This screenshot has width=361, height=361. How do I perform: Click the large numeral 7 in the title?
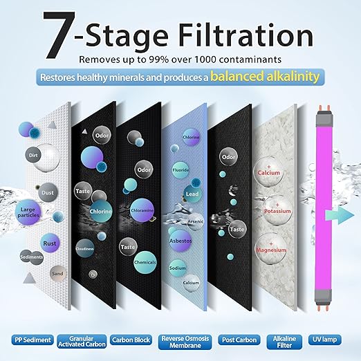tap(59, 35)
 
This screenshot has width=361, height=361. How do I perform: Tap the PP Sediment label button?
tap(33, 340)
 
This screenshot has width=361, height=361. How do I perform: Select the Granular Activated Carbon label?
tap(82, 342)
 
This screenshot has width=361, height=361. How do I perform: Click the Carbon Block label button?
tap(131, 340)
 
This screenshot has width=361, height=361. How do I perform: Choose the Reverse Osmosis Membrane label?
tap(185, 342)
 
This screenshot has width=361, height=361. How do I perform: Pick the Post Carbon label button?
tap(239, 340)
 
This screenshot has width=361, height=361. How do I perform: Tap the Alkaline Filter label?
tap(284, 342)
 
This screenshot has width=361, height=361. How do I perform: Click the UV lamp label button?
tap(324, 340)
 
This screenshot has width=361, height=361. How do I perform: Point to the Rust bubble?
tap(50, 243)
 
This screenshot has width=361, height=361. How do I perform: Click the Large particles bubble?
tap(28, 212)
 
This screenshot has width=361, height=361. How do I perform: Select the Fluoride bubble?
tap(180, 170)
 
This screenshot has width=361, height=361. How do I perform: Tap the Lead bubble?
tap(192, 194)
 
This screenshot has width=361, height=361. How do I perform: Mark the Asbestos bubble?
tap(180, 241)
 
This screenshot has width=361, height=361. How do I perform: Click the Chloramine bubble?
tap(142, 210)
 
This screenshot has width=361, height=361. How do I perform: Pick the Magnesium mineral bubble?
tap(271, 250)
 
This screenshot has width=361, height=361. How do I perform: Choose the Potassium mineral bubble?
tap(277, 211)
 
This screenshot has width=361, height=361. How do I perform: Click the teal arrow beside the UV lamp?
tap(340, 215)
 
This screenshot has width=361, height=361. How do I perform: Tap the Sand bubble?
tap(57, 274)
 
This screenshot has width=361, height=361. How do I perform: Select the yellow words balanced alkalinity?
tap(265, 77)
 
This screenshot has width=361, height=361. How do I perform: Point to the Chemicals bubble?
tap(145, 262)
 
